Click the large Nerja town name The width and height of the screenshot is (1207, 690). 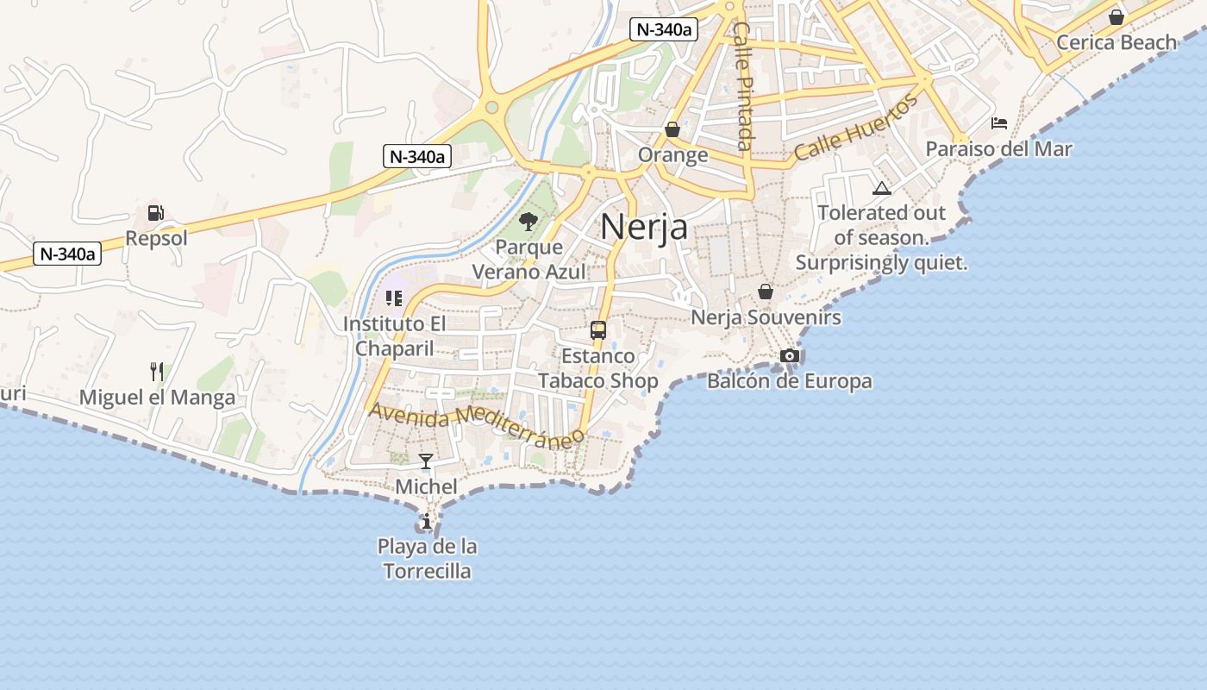coord(644,227)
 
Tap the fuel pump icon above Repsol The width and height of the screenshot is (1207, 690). coord(156,213)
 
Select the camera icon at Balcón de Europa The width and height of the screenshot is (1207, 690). coord(789,355)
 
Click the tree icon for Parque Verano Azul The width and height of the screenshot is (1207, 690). coord(528,222)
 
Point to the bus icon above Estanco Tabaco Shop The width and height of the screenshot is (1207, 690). coord(597,329)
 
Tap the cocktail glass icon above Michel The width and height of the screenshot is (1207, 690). coord(426,461)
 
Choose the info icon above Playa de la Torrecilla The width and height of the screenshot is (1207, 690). coord(426,521)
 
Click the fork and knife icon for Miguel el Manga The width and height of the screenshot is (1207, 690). coord(157,372)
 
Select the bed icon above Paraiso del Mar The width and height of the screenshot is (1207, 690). coord(999,123)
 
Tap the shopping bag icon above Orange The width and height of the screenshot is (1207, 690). coord(672,129)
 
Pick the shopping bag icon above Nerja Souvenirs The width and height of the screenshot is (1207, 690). coord(765,292)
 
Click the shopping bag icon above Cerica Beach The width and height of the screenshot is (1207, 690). coord(1116,16)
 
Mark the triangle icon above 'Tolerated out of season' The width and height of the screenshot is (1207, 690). coord(881,188)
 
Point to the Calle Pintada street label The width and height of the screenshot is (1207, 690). coord(743,86)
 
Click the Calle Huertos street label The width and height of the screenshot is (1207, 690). coord(856,129)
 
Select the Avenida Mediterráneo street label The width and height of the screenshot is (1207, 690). coord(477,425)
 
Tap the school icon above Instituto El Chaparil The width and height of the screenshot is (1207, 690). coord(394,298)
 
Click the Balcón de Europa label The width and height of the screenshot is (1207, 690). coord(789,381)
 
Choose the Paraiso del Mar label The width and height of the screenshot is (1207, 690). coord(998,149)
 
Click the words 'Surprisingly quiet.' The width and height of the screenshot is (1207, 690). coord(881,262)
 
